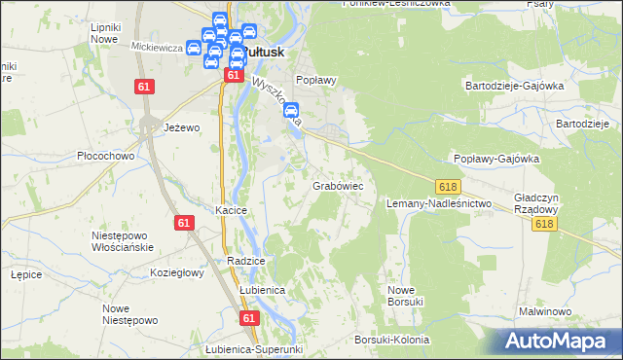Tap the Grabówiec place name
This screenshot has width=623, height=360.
[338, 185]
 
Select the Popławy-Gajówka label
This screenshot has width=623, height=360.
[496, 160]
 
